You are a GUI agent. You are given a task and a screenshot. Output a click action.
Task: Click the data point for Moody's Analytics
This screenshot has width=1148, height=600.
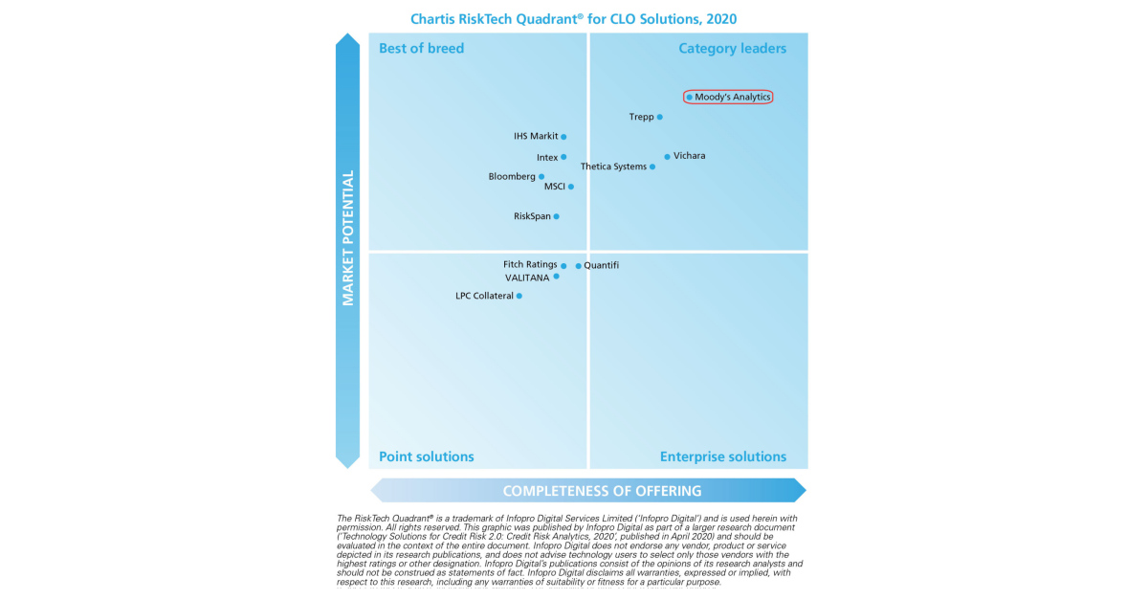pyautogui.click(x=689, y=97)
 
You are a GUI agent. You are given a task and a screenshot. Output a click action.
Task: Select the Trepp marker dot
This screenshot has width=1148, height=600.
pyautogui.click(x=659, y=117)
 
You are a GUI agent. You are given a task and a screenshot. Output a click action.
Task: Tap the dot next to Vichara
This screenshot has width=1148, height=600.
pyautogui.click(x=667, y=156)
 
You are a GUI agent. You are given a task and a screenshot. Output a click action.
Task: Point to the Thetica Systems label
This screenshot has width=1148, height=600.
pyautogui.click(x=613, y=167)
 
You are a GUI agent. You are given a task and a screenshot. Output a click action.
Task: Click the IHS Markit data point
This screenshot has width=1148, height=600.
pyautogui.click(x=563, y=137)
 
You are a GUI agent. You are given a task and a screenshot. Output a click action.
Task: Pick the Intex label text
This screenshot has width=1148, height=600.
pyautogui.click(x=547, y=157)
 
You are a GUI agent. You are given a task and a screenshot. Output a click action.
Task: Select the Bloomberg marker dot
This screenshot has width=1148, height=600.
pyautogui.click(x=541, y=177)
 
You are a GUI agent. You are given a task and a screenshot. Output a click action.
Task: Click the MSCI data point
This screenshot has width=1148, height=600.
pyautogui.click(x=571, y=187)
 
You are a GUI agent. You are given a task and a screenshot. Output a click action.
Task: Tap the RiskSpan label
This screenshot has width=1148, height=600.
pyautogui.click(x=532, y=216)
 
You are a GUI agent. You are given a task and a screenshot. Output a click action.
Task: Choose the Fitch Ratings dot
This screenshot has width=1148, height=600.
pyautogui.click(x=563, y=266)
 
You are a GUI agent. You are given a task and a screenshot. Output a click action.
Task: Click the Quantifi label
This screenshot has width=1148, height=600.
pyautogui.click(x=601, y=265)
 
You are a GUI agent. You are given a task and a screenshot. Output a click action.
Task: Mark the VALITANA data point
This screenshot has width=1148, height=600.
pyautogui.click(x=556, y=277)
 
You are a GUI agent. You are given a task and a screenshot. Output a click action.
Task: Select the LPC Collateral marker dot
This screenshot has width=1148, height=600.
pyautogui.click(x=519, y=296)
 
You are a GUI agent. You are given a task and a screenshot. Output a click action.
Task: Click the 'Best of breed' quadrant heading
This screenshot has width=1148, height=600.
pyautogui.click(x=421, y=49)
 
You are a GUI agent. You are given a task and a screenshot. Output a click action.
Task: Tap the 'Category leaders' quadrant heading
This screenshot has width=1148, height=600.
pyautogui.click(x=732, y=49)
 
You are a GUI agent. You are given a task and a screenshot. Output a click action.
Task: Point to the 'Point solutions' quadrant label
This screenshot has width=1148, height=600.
pyautogui.click(x=426, y=456)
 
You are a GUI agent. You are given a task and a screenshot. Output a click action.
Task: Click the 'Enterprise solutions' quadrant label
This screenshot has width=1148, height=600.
pyautogui.click(x=722, y=456)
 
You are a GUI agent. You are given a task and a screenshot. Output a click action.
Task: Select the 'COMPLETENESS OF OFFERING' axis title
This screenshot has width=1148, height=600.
pyautogui.click(x=602, y=491)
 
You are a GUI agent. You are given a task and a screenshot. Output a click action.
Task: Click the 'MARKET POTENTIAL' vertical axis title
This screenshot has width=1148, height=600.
pyautogui.click(x=348, y=238)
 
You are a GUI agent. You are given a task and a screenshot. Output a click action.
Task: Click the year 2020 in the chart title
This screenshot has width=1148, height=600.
pyautogui.click(x=720, y=19)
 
